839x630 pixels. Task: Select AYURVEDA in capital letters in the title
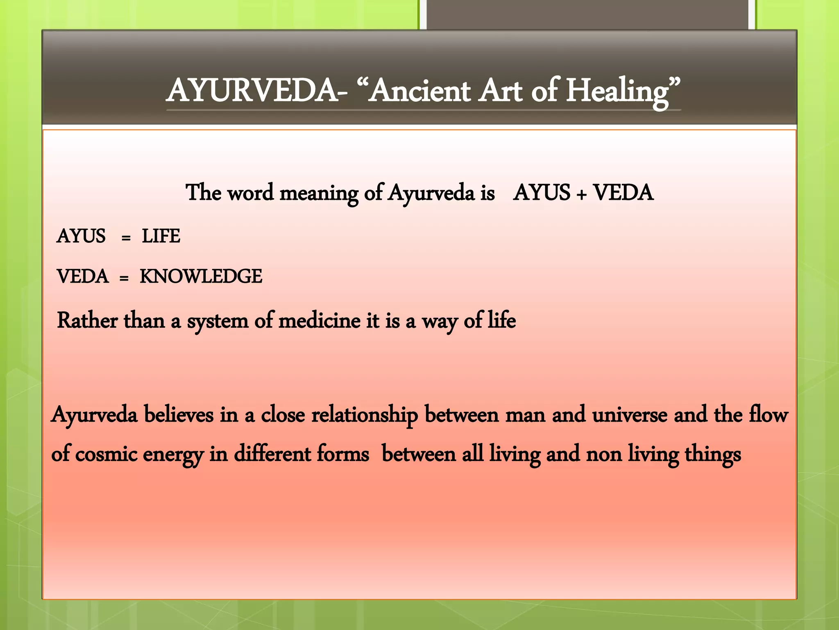252,91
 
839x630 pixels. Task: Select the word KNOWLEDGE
201,276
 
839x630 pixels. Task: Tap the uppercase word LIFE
161,236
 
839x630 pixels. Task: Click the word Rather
87,320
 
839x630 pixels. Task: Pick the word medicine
319,320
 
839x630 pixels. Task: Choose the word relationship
365,415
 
